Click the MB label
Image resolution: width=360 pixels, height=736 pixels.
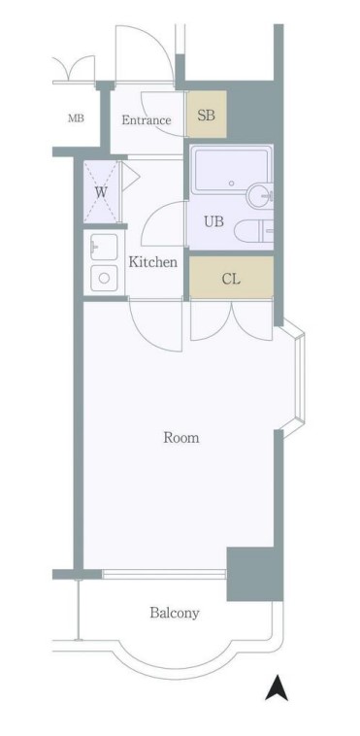76,118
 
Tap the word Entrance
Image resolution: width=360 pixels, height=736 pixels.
146,120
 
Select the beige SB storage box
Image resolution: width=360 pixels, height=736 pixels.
207,114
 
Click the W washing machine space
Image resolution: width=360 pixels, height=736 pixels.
101,192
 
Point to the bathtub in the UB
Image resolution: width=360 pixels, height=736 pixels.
231,171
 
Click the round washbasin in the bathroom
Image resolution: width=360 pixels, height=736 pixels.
259,196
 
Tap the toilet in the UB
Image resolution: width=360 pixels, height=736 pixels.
253,230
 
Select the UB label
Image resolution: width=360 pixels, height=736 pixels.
213,221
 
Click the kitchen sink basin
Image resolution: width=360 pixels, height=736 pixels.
104,247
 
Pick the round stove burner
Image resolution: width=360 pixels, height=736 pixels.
104,278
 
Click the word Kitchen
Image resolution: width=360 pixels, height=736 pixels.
153,262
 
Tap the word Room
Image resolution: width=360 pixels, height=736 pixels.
181,438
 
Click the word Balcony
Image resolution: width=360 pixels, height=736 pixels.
175,613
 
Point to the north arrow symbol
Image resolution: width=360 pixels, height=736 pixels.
277,687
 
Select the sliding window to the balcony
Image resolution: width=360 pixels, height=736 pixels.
164,574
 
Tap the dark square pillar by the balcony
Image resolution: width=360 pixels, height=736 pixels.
254,574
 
